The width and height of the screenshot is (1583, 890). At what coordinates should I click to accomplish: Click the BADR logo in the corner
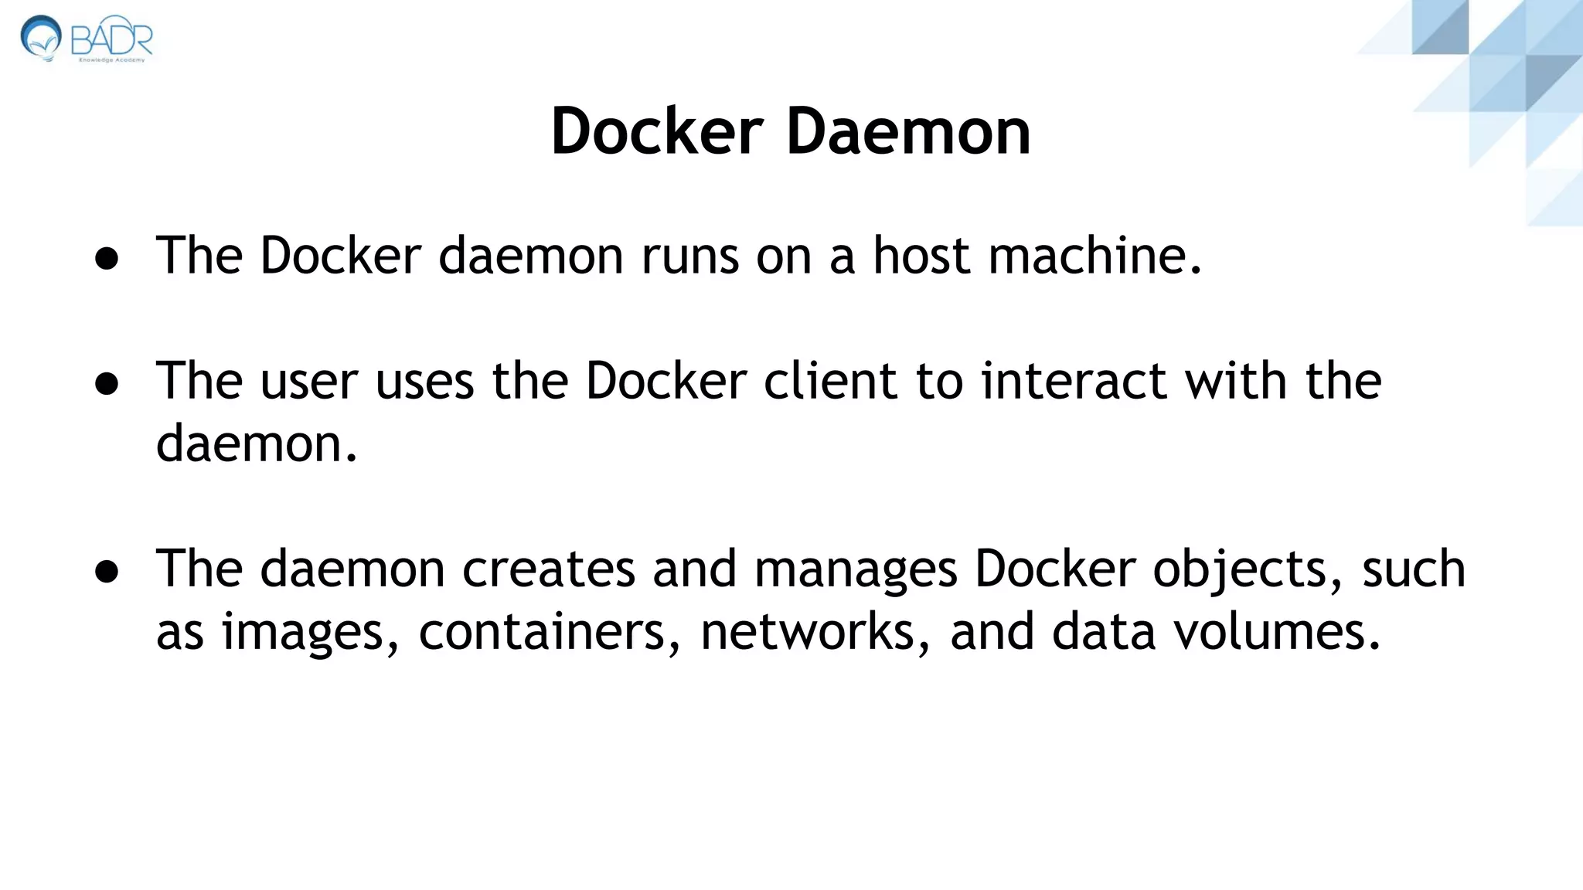[87, 38]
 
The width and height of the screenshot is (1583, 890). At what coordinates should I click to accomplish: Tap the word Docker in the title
[657, 131]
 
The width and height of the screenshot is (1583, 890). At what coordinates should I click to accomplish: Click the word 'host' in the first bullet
[921, 256]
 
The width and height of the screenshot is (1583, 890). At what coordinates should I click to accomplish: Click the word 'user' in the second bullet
[309, 381]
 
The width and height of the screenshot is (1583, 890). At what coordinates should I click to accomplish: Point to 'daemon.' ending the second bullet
[257, 444]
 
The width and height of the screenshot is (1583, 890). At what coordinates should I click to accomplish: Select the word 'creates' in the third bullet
[548, 569]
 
